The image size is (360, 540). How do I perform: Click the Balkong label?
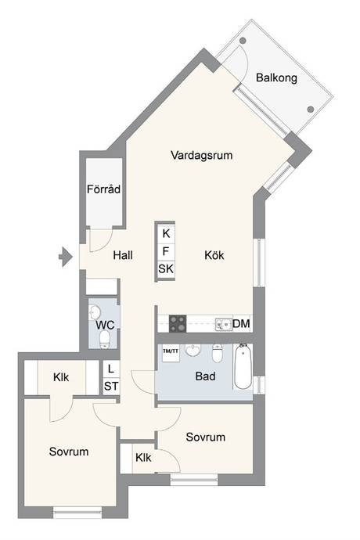(276, 77)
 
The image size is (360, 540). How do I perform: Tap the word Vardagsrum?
(202, 155)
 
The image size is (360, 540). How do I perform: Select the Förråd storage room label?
(103, 189)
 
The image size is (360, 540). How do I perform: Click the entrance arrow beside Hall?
(66, 257)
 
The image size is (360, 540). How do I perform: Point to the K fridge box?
(166, 233)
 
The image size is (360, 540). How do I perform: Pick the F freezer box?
(166, 251)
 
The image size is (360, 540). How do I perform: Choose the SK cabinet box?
(166, 269)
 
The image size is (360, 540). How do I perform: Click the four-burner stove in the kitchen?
(178, 324)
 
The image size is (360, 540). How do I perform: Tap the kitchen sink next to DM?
(224, 324)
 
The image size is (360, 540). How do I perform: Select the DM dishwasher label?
(241, 324)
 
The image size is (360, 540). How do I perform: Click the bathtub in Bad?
(243, 366)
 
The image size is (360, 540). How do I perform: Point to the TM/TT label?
(171, 351)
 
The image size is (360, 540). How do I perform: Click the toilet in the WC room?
(104, 339)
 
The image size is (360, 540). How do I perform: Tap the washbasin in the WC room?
(94, 312)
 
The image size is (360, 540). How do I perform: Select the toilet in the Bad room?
(217, 353)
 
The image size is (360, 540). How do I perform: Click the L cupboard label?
(111, 369)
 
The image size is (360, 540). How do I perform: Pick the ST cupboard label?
(111, 386)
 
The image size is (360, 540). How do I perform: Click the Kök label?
(214, 255)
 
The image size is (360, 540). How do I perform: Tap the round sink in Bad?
(193, 351)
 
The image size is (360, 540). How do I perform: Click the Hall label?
(123, 255)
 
